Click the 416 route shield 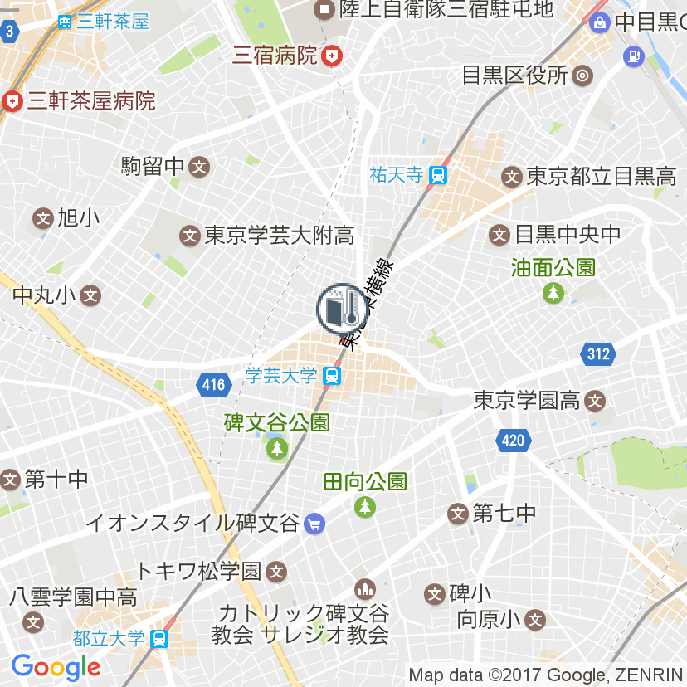coord(213,384)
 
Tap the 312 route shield coord(597,355)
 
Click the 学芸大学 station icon coord(332,376)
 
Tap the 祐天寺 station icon coord(439,175)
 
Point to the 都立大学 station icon coord(160,639)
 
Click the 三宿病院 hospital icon coord(332,56)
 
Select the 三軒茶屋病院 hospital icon coord(12,101)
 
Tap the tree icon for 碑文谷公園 coord(276,449)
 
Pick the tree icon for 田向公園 coord(365,505)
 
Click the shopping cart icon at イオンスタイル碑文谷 coord(314,524)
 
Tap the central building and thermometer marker coord(340,309)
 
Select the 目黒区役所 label coord(514,76)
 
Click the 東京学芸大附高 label coord(279,236)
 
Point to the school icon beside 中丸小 coord(91,295)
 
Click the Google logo coord(56,666)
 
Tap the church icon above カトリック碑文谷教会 coord(364,590)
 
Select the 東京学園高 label coord(526,401)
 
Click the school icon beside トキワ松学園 coord(277,571)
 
